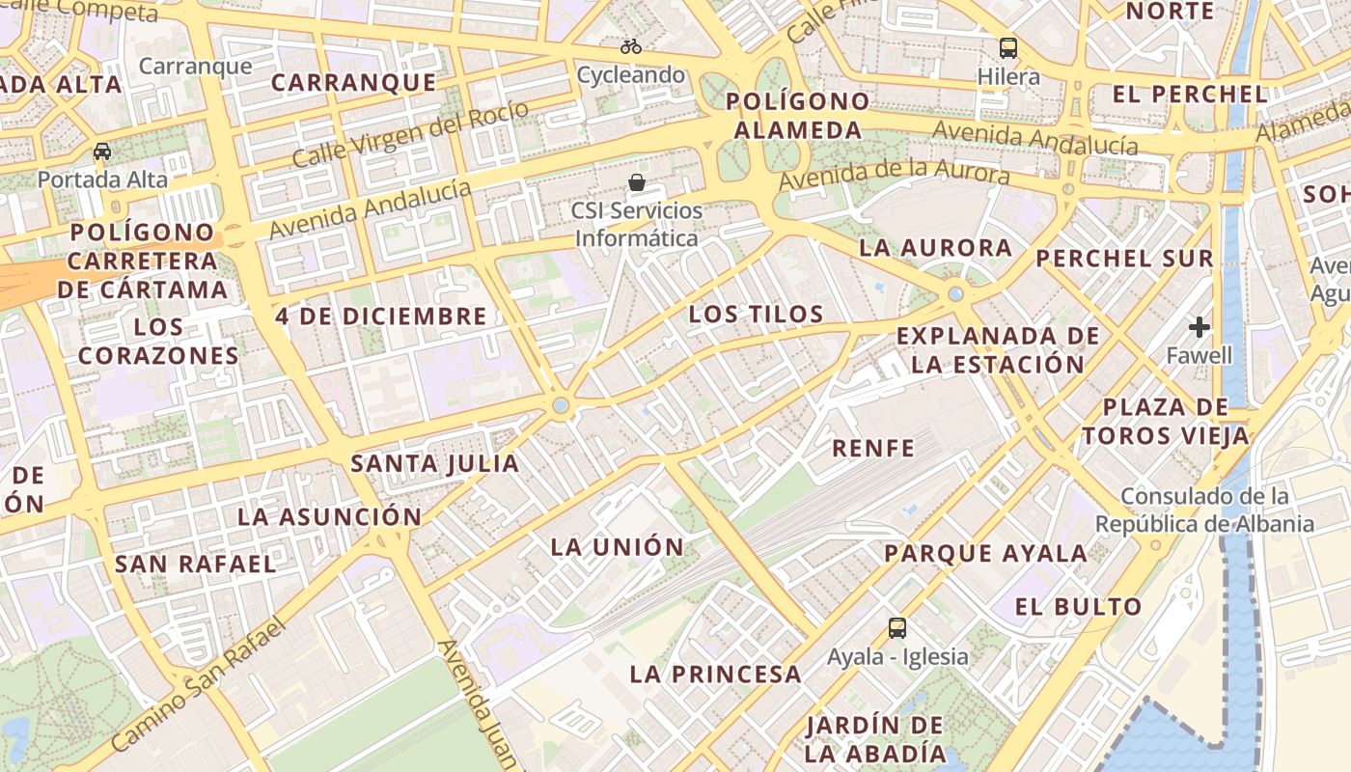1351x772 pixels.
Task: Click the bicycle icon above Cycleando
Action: pos(631,45)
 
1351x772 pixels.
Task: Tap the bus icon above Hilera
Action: pos(1008,47)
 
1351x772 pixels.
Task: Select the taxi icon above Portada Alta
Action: pos(102,152)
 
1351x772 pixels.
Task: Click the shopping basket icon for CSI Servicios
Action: pos(637,181)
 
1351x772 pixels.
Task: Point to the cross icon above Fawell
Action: pos(1199,327)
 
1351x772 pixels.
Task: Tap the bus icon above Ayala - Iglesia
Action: pos(897,628)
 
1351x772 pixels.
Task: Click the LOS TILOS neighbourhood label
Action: pos(757,314)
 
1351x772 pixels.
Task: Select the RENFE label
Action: pos(873,448)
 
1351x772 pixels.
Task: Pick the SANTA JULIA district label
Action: pos(435,464)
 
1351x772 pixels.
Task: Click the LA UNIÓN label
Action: pos(618,547)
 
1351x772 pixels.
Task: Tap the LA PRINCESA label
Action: pos(716,675)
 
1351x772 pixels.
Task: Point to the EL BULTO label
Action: pos(1079,607)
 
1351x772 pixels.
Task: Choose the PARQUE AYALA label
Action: pos(986,554)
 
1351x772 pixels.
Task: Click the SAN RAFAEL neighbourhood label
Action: pos(196,564)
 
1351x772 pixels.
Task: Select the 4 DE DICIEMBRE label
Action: pos(381,317)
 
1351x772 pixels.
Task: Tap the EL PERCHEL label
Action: pos(1190,95)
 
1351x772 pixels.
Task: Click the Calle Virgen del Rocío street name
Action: pos(411,133)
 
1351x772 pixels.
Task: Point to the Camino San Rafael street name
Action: pos(200,684)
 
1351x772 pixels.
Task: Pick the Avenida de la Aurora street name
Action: pos(895,177)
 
